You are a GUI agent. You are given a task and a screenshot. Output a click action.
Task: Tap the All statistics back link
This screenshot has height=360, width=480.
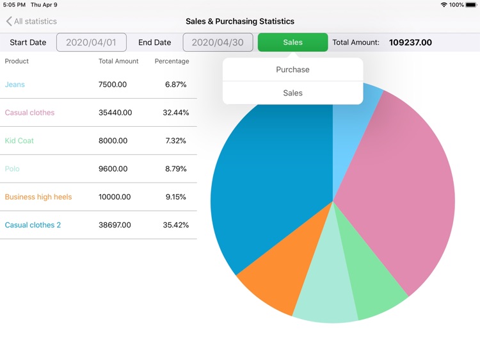(x=31, y=22)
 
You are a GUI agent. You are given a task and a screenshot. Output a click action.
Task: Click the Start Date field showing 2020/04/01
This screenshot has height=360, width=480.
(x=92, y=42)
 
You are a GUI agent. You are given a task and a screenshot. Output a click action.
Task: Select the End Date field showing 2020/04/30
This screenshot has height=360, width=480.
(x=218, y=42)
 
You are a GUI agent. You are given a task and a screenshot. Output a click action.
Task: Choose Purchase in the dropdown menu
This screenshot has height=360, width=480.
(x=292, y=70)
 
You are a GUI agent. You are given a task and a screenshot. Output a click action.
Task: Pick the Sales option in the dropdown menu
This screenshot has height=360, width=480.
(x=292, y=93)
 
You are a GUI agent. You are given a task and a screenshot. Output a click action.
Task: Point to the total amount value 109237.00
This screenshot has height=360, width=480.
(x=410, y=43)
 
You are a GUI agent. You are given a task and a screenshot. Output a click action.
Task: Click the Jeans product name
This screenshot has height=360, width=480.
(x=15, y=85)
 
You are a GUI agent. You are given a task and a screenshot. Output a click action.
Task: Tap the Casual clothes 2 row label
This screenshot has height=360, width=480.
(x=33, y=225)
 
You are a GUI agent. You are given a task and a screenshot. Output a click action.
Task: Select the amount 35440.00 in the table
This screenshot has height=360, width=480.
(x=115, y=113)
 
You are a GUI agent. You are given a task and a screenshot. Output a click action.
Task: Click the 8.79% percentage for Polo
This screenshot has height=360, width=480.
(x=176, y=169)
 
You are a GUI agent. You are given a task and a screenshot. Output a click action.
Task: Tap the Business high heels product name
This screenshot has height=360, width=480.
(x=38, y=197)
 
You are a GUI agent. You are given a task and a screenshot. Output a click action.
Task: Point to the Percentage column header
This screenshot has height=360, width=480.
(x=172, y=61)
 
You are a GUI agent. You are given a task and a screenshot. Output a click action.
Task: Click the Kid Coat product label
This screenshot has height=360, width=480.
(x=19, y=141)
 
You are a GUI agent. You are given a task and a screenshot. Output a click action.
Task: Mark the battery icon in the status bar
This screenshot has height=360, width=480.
(x=470, y=4)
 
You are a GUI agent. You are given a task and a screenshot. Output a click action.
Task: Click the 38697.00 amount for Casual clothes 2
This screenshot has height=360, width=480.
(x=115, y=225)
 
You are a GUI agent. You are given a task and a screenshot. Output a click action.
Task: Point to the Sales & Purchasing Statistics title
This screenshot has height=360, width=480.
(x=240, y=22)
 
